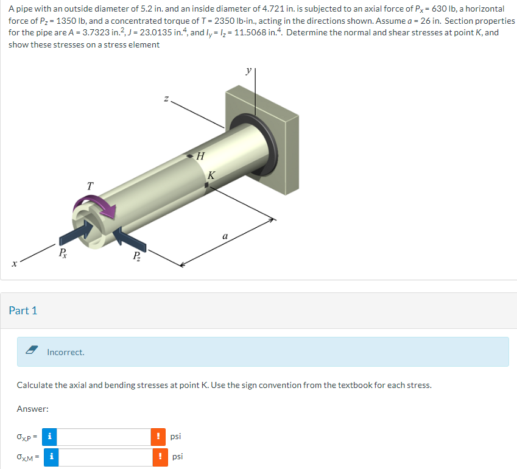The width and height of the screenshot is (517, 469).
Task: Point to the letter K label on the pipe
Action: tap(211, 175)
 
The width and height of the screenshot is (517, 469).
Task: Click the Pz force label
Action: tap(138, 255)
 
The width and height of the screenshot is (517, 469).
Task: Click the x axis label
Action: tap(13, 263)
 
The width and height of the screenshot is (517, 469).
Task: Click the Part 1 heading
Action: tap(23, 311)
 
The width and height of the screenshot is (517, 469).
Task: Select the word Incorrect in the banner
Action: tap(66, 352)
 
